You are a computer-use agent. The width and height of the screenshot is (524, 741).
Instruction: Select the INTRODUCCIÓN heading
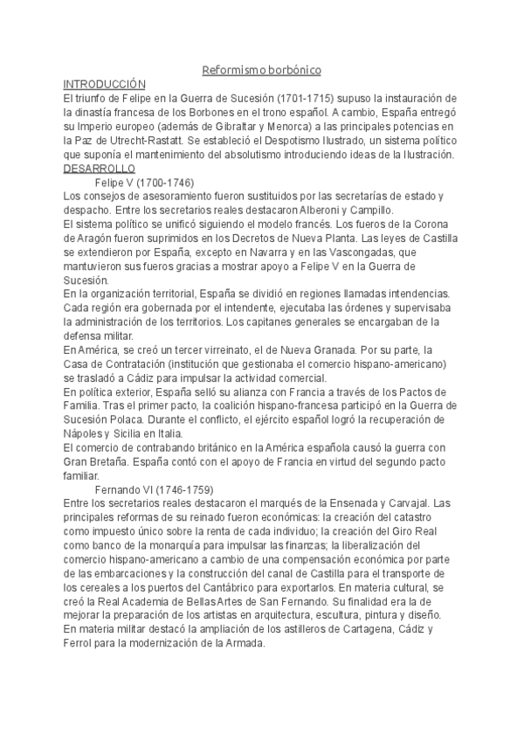(x=103, y=83)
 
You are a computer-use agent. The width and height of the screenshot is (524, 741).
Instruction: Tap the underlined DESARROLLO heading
(x=100, y=168)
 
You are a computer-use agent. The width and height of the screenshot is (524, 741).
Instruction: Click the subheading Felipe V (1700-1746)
(x=144, y=183)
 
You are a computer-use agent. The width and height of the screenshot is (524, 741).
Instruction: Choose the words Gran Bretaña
(x=96, y=461)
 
